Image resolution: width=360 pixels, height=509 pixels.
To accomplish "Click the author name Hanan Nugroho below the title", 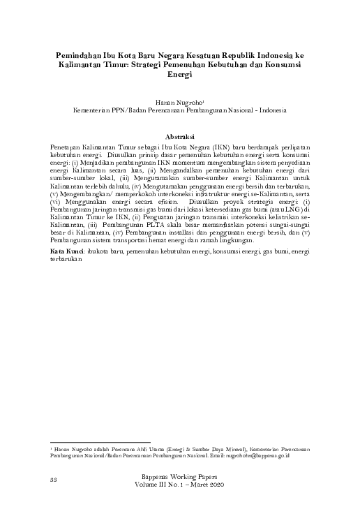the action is point(179,102).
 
